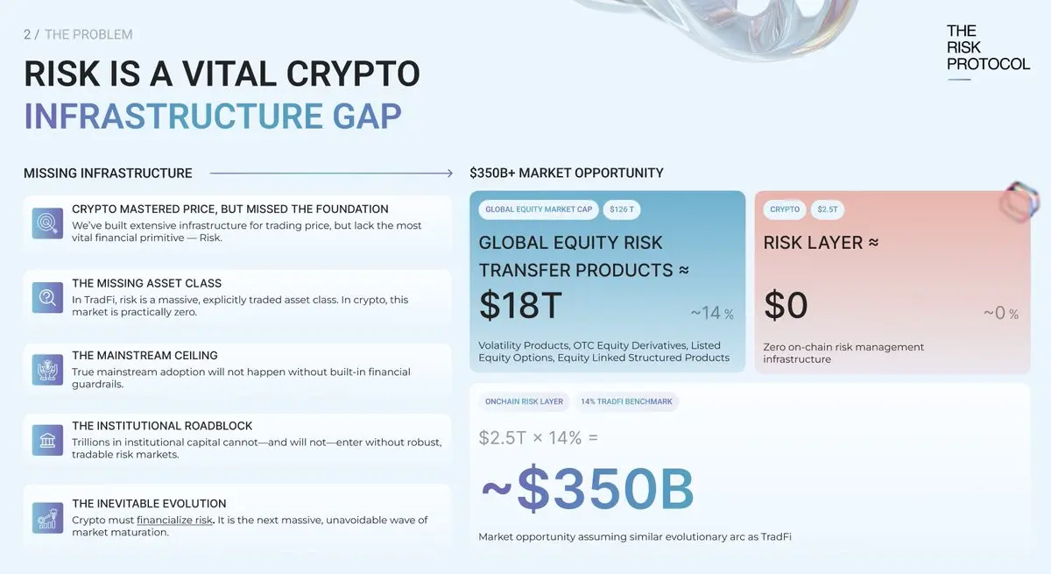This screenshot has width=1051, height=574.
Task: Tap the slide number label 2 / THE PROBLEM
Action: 78,34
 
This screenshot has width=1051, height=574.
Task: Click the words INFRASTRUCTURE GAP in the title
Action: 213,116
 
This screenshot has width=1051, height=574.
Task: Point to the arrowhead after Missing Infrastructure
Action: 449,174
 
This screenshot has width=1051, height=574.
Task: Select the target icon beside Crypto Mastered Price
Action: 47,223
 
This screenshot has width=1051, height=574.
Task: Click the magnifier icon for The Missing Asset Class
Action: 47,298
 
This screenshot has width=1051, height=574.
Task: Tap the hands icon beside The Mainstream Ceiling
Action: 47,370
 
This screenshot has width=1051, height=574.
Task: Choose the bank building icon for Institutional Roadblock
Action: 47,440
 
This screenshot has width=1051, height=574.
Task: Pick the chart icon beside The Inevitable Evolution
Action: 47,518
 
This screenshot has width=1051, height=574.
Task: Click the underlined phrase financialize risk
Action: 174,520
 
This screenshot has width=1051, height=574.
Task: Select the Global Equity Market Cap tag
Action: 539,209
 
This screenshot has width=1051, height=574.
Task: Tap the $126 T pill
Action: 622,209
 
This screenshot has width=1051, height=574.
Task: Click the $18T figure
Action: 520,306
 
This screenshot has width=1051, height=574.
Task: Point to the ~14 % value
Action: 712,313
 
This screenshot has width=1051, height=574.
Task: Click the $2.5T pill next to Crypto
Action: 827,209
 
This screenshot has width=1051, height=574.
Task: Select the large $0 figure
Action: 786,306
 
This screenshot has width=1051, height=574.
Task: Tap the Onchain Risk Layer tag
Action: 524,401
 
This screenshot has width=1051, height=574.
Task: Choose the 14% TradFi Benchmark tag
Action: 626,401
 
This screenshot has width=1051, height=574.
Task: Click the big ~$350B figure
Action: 588,489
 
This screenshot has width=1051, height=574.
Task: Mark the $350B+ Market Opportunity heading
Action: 567,174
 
